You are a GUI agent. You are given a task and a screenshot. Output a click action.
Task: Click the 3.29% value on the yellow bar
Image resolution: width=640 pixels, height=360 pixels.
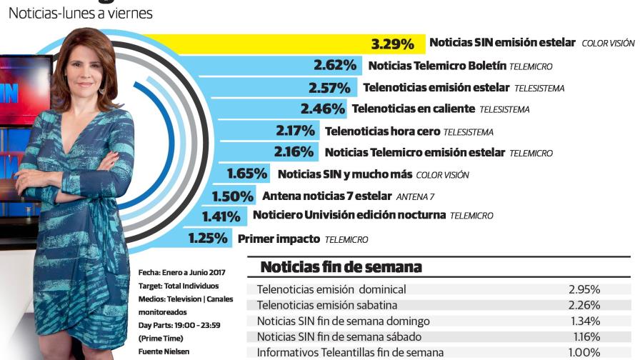tap(392, 44)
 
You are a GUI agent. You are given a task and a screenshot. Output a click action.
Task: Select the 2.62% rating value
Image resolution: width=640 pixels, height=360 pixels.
tap(335, 66)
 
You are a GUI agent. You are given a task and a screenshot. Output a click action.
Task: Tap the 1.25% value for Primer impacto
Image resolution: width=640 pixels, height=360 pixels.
tap(209, 239)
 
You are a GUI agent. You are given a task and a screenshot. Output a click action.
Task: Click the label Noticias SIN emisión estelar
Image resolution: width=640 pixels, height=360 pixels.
tap(501, 43)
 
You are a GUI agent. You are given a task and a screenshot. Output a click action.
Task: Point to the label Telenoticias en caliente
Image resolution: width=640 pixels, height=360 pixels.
tap(413, 109)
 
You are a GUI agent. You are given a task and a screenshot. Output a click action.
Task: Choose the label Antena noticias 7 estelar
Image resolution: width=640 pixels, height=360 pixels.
tap(326, 196)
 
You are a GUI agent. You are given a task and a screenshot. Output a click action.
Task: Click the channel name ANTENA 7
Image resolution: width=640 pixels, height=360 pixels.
tap(415, 196)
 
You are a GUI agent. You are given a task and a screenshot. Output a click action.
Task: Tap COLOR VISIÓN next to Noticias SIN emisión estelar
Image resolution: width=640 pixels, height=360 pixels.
tap(608, 44)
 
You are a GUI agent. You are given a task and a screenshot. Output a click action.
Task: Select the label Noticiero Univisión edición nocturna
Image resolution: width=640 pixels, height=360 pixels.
tap(349, 215)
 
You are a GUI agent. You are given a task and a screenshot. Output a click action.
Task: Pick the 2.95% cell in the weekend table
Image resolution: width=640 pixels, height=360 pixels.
tap(584, 289)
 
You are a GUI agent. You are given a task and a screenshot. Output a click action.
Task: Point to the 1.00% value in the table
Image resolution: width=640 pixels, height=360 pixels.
tap(584, 352)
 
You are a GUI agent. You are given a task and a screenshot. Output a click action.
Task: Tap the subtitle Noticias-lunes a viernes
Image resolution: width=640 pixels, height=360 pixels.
tap(80, 13)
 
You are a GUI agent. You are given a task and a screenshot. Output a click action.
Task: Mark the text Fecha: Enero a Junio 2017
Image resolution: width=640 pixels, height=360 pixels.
tap(181, 273)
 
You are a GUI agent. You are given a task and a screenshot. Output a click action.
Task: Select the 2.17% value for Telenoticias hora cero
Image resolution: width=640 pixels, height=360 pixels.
tap(295, 131)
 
